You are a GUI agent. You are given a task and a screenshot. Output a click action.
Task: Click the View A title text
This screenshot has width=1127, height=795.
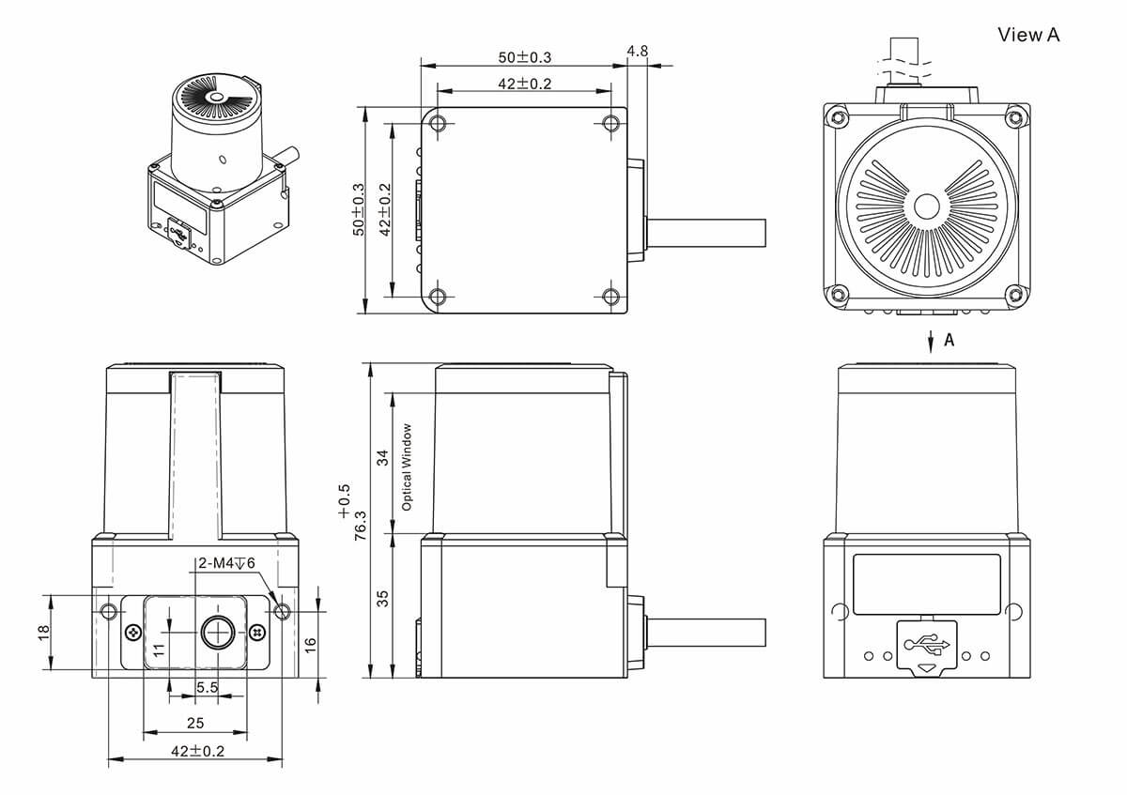click(x=1028, y=35)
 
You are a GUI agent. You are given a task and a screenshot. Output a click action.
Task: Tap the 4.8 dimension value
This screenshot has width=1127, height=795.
click(x=637, y=51)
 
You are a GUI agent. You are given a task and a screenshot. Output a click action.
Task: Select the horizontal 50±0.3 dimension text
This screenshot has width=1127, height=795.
click(x=524, y=56)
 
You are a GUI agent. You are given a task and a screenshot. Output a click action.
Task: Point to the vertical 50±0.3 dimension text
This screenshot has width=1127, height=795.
click(x=358, y=209)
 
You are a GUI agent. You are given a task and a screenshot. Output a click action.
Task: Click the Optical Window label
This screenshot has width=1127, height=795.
click(x=407, y=466)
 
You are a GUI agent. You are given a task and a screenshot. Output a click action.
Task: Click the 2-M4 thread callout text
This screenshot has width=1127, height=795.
click(x=226, y=563)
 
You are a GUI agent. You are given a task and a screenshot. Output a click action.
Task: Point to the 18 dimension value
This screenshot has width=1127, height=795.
click(x=43, y=634)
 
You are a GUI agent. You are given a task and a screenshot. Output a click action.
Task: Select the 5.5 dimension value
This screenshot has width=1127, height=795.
click(x=208, y=688)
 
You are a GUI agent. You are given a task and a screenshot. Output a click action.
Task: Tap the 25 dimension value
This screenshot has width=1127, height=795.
click(x=195, y=723)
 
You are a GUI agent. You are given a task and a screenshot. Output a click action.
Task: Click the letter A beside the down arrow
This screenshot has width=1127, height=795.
click(x=949, y=341)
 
